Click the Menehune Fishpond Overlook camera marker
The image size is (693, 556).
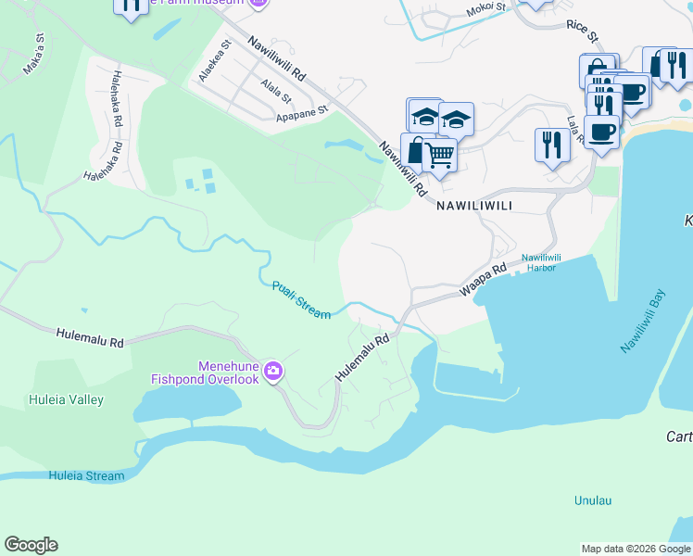[272, 372]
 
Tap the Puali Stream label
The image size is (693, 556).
[301, 300]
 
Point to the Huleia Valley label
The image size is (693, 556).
[65, 400]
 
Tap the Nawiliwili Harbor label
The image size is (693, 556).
[542, 261]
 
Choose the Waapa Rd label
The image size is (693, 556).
[485, 280]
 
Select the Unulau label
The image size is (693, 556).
[593, 500]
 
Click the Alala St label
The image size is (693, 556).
[275, 91]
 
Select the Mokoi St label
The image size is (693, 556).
[485, 9]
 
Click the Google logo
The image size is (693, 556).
[31, 545]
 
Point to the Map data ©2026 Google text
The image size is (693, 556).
[636, 549]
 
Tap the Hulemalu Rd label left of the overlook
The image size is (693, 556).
[89, 336]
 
